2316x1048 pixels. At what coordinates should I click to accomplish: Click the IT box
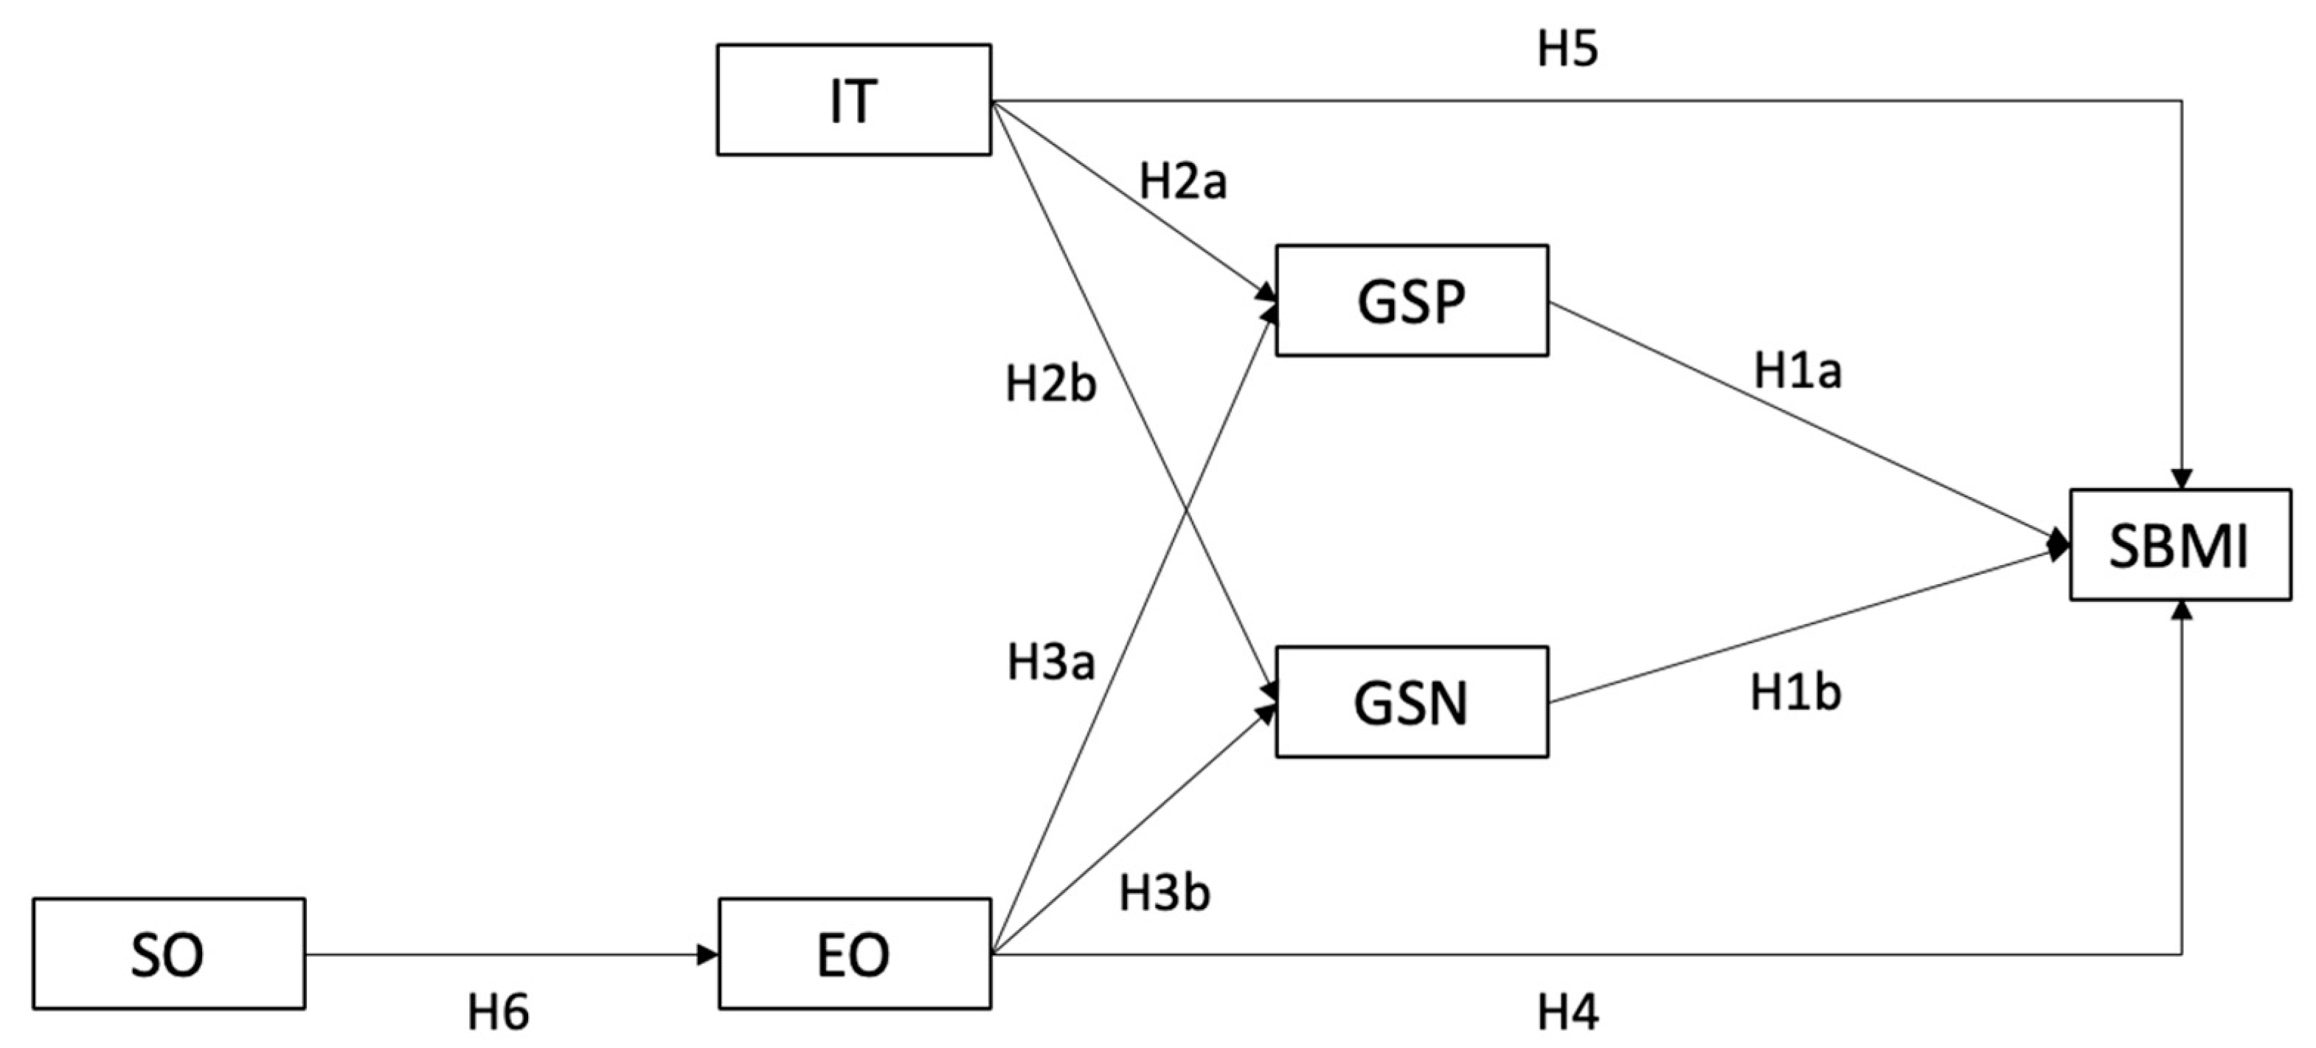(x=853, y=100)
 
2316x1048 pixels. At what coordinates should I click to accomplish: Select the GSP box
(x=1412, y=301)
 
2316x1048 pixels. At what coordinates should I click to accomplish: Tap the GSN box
(x=1412, y=702)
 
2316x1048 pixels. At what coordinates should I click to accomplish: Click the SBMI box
(x=2180, y=545)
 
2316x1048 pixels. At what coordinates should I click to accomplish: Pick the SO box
(x=168, y=954)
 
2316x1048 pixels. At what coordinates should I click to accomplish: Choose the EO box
(x=854, y=954)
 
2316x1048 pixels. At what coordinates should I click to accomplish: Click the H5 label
(x=1567, y=49)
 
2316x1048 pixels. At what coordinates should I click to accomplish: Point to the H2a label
(x=1182, y=182)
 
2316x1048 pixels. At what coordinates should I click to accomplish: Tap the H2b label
(x=1050, y=386)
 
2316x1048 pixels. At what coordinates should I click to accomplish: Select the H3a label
(x=1050, y=663)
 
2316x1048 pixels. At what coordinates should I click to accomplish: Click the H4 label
(x=1567, y=1013)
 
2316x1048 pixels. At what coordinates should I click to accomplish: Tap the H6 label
(x=498, y=1013)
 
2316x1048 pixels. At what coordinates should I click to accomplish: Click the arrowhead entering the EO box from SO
(x=709, y=954)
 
